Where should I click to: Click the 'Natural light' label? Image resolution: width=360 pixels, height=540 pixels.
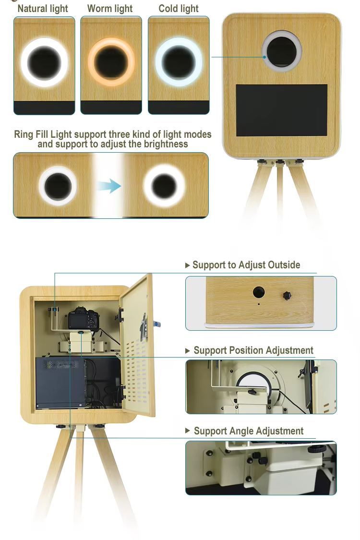[x=43, y=9]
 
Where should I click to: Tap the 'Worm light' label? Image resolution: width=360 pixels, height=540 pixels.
[x=110, y=9]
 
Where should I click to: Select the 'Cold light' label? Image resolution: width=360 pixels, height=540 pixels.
[x=179, y=9]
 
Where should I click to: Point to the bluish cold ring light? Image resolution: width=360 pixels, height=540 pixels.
[x=178, y=61]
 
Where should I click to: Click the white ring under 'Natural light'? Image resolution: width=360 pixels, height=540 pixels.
[x=44, y=61]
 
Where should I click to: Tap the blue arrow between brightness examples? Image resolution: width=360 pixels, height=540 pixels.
[x=110, y=186]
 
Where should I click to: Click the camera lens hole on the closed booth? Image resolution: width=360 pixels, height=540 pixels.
[x=282, y=51]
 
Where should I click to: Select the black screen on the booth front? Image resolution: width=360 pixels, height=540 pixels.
[x=282, y=110]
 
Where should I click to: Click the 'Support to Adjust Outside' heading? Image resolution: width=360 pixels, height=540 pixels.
[x=246, y=265]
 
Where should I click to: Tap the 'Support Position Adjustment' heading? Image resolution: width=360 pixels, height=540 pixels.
[x=253, y=350]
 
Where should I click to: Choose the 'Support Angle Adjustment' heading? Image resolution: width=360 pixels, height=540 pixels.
[x=248, y=431]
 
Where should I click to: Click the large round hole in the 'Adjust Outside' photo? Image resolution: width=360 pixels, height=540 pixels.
[x=259, y=292]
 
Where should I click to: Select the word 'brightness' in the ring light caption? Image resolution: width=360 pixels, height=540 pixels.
[x=163, y=144]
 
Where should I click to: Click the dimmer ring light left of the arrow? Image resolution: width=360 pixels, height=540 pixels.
[x=58, y=185]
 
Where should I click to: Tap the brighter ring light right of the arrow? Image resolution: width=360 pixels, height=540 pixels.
[x=164, y=185]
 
